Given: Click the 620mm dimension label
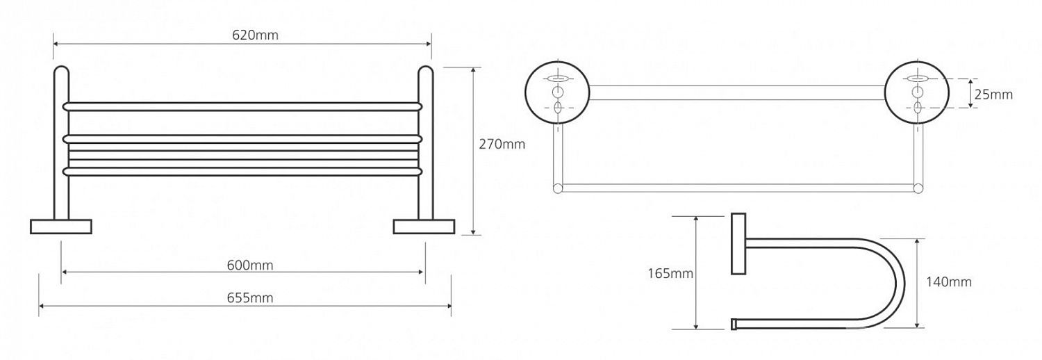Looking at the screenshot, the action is pos(255,35).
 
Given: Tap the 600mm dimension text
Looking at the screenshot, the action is pos(250,265).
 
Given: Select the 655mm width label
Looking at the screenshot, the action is pos(250,297).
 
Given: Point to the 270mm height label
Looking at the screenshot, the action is pos(502,144).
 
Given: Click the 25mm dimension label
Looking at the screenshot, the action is pos(993,95).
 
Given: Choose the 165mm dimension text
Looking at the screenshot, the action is pos(670,274).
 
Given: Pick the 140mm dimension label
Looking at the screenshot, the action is pos(948,282).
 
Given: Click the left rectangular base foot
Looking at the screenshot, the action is pos(61,227).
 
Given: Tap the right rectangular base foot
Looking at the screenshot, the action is pos(424,227).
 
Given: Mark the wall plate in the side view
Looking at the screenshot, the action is pos(738,244).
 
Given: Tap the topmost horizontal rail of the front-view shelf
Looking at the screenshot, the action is pos(242,106).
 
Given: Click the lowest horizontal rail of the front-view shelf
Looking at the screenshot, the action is pos(242,172).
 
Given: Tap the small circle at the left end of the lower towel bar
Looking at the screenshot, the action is pos(557,188).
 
